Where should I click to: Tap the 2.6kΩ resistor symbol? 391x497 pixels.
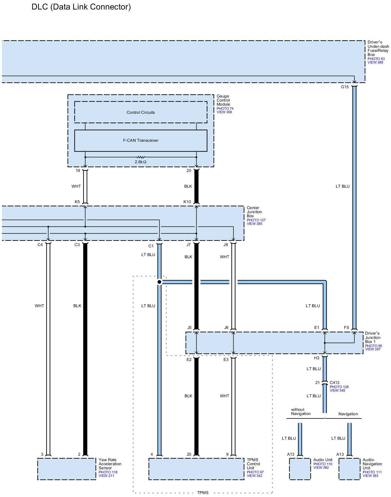click(x=141, y=157)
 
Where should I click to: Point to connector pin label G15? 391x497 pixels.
click(x=345, y=87)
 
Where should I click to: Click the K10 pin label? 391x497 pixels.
click(x=187, y=202)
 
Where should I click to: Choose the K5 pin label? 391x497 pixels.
click(x=77, y=202)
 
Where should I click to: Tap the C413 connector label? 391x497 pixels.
click(x=334, y=383)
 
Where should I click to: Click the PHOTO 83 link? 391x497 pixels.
click(x=376, y=59)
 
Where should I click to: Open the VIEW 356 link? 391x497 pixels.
click(x=224, y=112)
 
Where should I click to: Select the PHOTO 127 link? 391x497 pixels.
click(x=256, y=220)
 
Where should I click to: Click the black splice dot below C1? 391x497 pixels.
click(x=160, y=282)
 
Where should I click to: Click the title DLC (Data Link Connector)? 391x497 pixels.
click(x=81, y=7)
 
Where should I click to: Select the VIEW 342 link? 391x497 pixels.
click(x=255, y=476)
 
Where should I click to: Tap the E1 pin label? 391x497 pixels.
click(x=317, y=328)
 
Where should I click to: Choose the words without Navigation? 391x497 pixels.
click(x=301, y=411)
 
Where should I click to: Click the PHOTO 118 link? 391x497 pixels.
click(x=108, y=472)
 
